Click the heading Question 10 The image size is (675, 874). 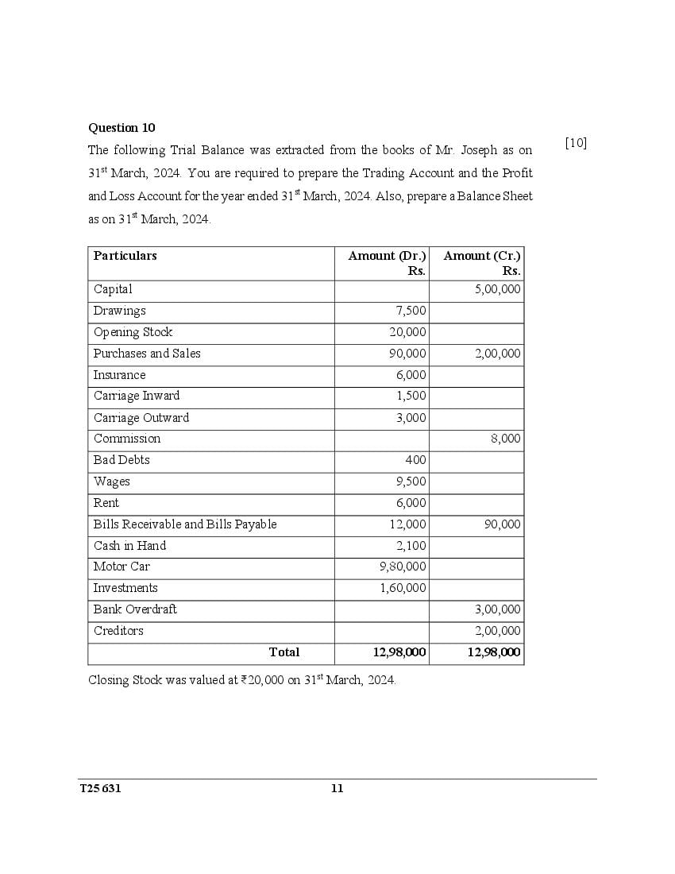click(x=121, y=128)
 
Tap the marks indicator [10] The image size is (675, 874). click(x=576, y=143)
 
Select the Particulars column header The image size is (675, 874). click(x=125, y=256)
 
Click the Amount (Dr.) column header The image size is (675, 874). click(x=387, y=256)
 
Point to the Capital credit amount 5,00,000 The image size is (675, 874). click(x=498, y=290)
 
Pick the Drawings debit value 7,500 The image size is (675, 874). click(x=411, y=311)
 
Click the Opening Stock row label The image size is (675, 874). click(x=133, y=332)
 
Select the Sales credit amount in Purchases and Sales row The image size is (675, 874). click(x=498, y=354)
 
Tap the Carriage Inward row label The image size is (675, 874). click(x=137, y=396)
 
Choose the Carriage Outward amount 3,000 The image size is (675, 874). click(x=411, y=418)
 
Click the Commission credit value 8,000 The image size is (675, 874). click(x=506, y=439)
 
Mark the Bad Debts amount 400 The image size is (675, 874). click(x=415, y=460)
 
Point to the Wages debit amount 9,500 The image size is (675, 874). click(x=411, y=481)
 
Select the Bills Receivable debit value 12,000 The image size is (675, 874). click(x=407, y=524)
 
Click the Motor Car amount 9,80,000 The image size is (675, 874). click(x=403, y=567)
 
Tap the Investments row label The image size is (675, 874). click(x=125, y=588)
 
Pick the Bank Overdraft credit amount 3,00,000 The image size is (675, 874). click(x=498, y=609)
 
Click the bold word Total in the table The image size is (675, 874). click(x=284, y=652)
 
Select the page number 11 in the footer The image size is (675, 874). click(x=337, y=788)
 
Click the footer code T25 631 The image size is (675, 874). click(x=100, y=788)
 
